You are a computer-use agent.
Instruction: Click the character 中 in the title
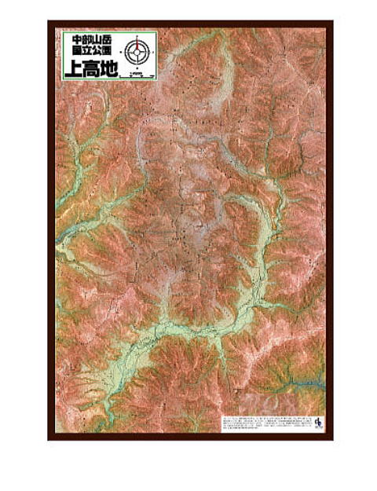click(x=77, y=38)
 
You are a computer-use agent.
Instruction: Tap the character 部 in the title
click(x=89, y=38)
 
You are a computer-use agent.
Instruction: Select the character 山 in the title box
click(x=101, y=38)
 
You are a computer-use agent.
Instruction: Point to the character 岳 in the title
click(x=112, y=38)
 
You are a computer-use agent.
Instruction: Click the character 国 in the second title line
click(x=77, y=52)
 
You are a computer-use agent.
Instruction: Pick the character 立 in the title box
click(x=89, y=52)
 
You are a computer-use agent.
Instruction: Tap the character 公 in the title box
click(x=101, y=52)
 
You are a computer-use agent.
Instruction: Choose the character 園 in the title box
click(x=112, y=52)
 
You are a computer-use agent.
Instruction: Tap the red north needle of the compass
click(x=137, y=42)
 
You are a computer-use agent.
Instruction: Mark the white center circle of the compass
click(x=137, y=52)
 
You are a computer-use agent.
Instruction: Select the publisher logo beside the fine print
click(x=316, y=423)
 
